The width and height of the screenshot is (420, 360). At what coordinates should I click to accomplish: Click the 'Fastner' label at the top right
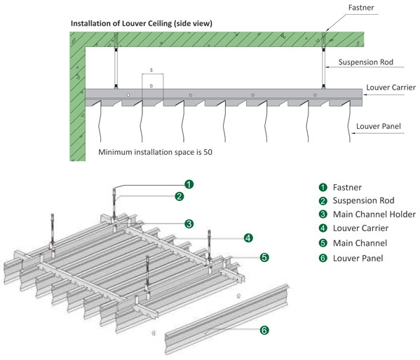[x=361, y=8]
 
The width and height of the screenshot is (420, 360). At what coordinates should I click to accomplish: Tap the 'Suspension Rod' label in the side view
[x=365, y=62]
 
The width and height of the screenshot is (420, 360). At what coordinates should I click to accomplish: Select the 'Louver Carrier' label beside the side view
[x=391, y=88]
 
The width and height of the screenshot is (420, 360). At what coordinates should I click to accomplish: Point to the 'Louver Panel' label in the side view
[x=378, y=126]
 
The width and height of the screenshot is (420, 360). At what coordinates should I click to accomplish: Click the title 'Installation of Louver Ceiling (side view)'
[x=142, y=24]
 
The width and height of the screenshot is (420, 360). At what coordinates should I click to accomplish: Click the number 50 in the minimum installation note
[x=208, y=152]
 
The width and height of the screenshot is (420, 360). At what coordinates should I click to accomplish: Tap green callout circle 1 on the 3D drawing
[x=189, y=184]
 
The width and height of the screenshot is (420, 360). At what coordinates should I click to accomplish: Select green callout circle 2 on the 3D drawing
[x=179, y=197]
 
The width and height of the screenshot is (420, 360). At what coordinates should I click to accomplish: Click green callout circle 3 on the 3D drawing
[x=189, y=223]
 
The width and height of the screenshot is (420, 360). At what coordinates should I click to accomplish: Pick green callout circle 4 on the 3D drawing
[x=248, y=237]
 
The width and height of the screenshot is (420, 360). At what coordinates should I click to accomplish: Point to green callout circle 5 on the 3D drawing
[x=264, y=257]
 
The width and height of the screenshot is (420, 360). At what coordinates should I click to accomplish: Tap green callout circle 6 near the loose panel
[x=264, y=330]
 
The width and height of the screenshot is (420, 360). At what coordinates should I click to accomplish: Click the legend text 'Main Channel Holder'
[x=374, y=214]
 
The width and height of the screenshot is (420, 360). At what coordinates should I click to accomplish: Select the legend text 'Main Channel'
[x=360, y=243]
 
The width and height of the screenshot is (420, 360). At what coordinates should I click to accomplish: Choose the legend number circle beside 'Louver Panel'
[x=323, y=258]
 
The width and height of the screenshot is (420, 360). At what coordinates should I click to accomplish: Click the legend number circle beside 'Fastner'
[x=323, y=188]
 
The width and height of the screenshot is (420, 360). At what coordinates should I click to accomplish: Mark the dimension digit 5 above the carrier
[x=151, y=70]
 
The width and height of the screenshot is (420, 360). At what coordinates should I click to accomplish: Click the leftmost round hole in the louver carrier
[x=128, y=95]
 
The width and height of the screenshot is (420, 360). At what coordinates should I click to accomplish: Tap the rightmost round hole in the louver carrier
[x=315, y=95]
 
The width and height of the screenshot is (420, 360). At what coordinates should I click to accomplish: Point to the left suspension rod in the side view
[x=116, y=68]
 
